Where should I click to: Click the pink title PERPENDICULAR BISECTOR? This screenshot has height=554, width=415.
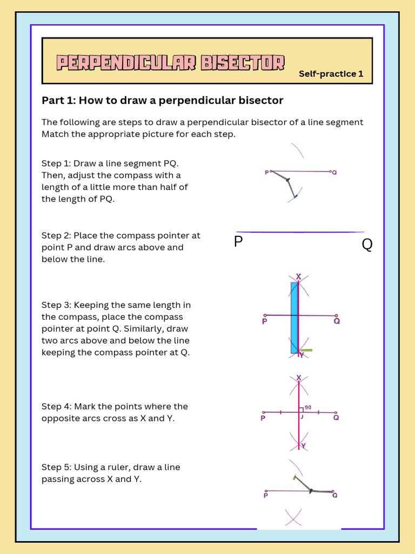171,63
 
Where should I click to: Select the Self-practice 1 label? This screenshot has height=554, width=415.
331,74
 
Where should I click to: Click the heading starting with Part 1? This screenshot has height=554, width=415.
162,100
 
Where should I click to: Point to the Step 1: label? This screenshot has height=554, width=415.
56,163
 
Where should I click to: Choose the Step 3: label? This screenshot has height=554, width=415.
56,305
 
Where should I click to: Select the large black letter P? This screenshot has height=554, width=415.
238,242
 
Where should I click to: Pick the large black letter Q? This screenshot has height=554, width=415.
367,245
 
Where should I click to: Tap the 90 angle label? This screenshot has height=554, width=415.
308,407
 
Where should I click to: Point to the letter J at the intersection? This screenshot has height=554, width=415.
302,417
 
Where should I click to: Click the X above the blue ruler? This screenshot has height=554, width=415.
298,276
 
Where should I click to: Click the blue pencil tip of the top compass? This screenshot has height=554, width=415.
296,196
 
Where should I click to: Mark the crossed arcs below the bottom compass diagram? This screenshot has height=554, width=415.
293,517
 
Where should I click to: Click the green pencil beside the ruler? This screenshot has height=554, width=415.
306,350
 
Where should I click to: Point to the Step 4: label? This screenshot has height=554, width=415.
56,406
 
